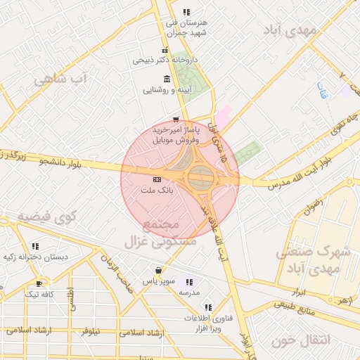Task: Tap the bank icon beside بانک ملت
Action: pos(156,180)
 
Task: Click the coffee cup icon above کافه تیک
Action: pos(39,283)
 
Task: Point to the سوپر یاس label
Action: pos(159,280)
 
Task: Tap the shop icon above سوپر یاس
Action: pos(159,270)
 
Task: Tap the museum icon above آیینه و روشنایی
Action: pos(166,79)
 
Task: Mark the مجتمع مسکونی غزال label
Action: pos(162,233)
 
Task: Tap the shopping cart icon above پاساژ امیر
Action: pos(175,120)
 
